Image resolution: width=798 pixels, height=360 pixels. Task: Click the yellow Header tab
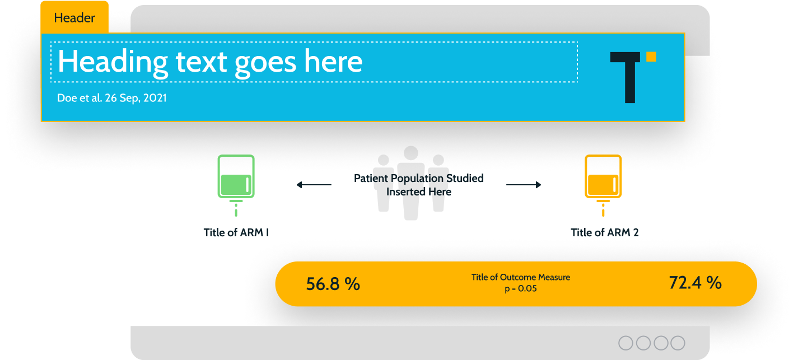tap(74, 17)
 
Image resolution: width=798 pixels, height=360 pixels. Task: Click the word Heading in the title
tap(113, 62)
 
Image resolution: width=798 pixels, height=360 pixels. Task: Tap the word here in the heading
tap(333, 62)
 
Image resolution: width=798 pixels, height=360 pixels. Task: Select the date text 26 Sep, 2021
tap(136, 98)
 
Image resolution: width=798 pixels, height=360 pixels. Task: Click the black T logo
tap(630, 77)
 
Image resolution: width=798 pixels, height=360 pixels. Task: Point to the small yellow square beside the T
tap(651, 57)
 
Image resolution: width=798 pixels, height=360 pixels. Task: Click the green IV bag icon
tap(236, 185)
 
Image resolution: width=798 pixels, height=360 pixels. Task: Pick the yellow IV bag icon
tap(603, 185)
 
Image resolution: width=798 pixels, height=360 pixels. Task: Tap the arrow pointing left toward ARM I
tap(314, 184)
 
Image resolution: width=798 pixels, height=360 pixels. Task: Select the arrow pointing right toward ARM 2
tap(524, 184)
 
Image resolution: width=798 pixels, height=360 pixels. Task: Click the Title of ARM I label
tap(236, 232)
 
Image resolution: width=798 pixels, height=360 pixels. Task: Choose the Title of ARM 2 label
tap(605, 232)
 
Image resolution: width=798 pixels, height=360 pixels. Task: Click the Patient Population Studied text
tap(418, 178)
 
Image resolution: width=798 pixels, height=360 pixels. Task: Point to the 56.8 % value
tap(333, 284)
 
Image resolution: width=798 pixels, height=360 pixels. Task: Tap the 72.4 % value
tap(696, 282)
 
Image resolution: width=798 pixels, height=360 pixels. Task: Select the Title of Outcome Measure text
tap(520, 277)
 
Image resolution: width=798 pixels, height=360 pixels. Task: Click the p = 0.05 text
tap(520, 288)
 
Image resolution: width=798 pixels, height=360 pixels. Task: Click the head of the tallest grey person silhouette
tap(410, 153)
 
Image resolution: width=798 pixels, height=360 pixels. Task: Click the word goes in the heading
tap(265, 64)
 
